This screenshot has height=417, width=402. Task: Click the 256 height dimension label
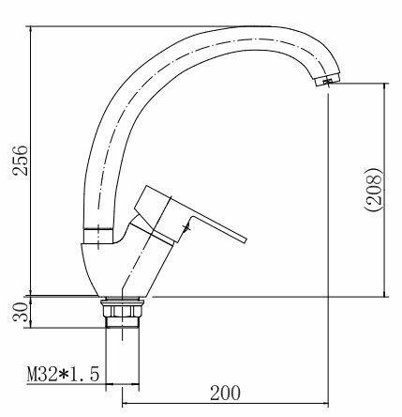click(21, 160)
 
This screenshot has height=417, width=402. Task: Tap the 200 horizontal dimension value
click(225, 393)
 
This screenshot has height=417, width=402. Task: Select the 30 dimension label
click(21, 312)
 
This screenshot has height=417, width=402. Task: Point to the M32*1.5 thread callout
click(63, 375)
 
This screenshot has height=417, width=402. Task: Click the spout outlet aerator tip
click(327, 79)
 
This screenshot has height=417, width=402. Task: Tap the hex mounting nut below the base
click(122, 309)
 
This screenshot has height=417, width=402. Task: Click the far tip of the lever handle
click(245, 240)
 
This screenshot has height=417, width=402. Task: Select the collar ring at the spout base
click(97, 236)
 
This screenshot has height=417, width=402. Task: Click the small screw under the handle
click(186, 227)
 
